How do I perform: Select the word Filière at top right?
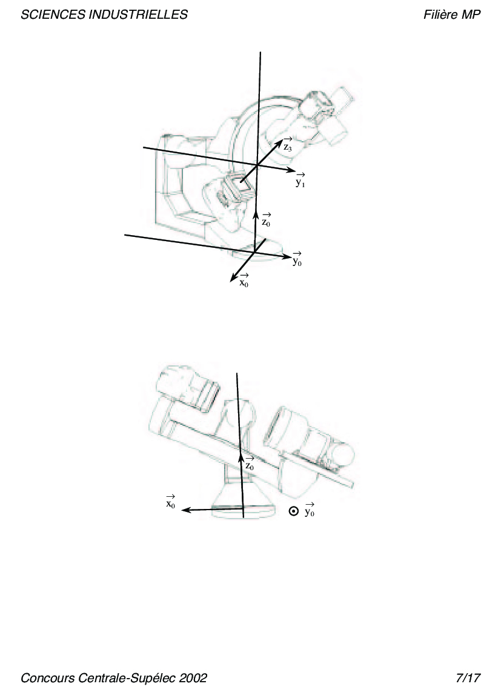point(440,15)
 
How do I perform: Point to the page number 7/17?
point(468,678)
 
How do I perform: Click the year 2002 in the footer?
point(193,678)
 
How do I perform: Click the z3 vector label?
point(288,145)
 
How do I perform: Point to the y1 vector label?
point(300,180)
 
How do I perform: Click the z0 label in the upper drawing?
point(265,221)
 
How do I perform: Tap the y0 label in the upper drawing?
point(297,259)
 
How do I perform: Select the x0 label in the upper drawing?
point(244,281)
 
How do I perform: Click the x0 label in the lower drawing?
point(170,502)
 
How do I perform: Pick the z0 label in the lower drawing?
point(250,464)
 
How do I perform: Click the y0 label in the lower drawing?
point(309,510)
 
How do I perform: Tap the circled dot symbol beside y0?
point(293,511)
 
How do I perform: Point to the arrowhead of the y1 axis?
point(291,170)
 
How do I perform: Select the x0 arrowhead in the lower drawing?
point(186,510)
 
